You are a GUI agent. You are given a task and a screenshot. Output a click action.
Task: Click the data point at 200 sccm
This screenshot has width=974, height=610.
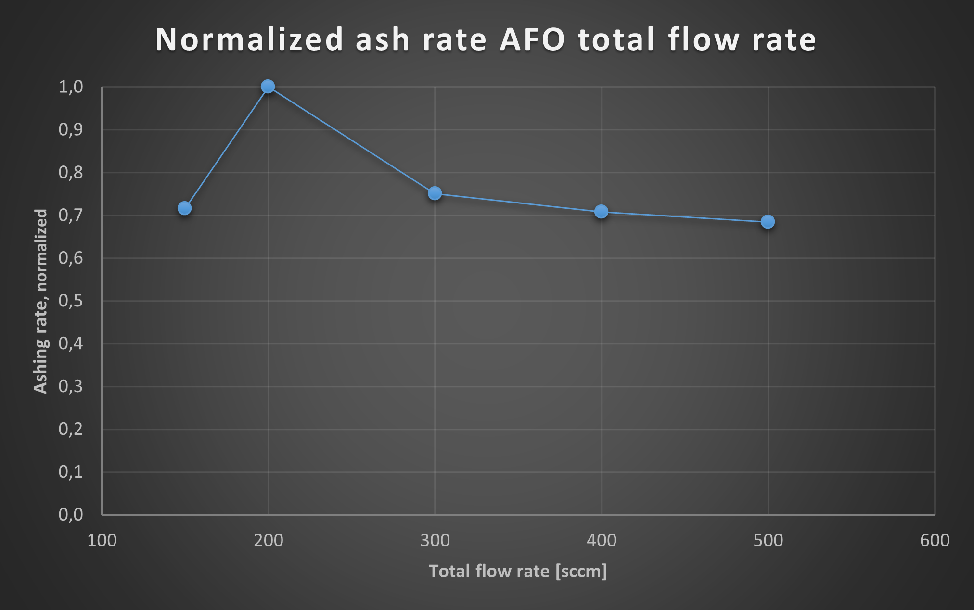click(x=268, y=87)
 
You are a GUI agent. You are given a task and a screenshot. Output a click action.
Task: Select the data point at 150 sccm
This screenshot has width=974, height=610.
click(x=184, y=208)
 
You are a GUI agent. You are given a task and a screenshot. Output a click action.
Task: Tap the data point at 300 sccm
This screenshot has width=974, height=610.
click(x=435, y=193)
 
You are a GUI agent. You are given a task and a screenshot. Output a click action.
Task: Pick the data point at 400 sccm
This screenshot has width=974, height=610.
click(x=601, y=212)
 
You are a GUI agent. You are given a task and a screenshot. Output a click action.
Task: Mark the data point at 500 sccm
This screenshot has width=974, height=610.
click(x=768, y=222)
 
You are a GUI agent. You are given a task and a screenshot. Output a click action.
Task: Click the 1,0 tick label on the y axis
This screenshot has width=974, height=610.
click(x=71, y=87)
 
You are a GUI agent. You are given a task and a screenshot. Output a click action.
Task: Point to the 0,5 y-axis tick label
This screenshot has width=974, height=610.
click(x=71, y=301)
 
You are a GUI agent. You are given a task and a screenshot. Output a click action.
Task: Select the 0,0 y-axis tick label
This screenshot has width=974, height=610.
click(x=71, y=515)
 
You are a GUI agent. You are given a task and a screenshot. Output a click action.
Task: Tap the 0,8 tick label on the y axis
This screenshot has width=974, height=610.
click(x=71, y=173)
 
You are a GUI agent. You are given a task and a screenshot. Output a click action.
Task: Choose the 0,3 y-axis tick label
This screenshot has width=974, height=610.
click(x=71, y=386)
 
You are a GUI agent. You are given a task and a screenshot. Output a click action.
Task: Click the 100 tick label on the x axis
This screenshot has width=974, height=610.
click(x=102, y=541)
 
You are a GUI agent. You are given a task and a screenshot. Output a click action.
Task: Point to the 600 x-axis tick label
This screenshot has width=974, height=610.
click(x=935, y=541)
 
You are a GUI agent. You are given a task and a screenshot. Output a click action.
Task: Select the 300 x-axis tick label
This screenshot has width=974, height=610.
click(x=435, y=541)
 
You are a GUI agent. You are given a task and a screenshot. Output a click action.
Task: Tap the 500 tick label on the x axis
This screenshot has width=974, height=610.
click(x=768, y=541)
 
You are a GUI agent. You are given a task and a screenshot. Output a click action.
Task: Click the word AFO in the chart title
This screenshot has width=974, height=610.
click(x=533, y=39)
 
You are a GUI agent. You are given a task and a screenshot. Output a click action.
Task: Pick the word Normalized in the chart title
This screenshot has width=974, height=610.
click(x=249, y=39)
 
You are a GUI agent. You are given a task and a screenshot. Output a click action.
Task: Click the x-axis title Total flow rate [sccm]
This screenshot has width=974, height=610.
click(x=518, y=572)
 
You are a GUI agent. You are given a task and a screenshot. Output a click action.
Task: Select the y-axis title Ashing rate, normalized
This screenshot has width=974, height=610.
click(x=41, y=301)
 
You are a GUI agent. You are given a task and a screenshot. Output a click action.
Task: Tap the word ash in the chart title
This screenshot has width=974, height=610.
click(x=383, y=39)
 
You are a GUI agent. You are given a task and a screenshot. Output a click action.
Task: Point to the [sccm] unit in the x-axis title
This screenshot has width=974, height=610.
click(x=581, y=572)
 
